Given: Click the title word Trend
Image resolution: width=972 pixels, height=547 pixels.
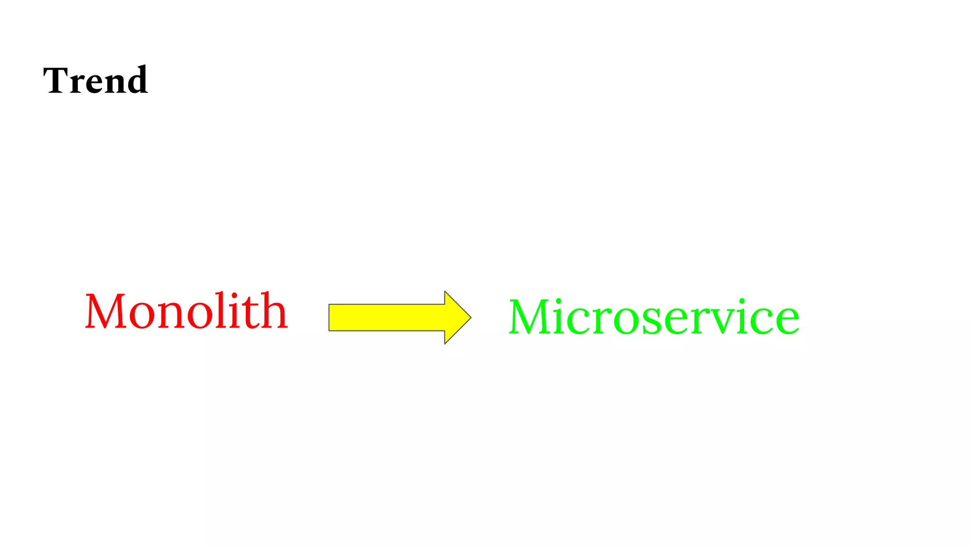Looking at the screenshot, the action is point(95,80).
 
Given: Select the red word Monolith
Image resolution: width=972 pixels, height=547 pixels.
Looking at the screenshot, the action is point(187,311).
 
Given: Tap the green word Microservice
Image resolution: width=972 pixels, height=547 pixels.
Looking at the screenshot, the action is point(654,317).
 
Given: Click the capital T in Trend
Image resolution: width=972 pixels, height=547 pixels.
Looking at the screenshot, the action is point(56,80).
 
